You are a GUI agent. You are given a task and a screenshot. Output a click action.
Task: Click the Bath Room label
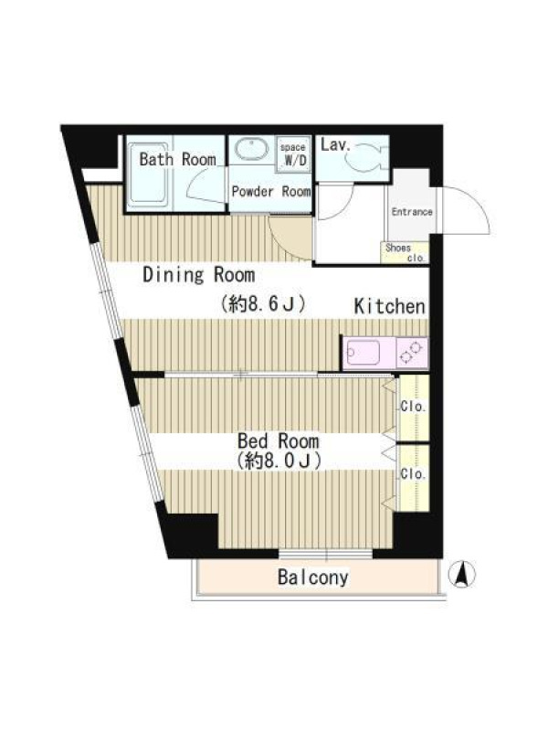177,159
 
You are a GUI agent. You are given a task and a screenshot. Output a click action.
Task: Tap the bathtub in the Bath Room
148,174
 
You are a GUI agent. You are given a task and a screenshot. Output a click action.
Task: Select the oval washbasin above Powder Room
251,149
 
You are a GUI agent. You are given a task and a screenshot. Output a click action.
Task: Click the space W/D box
293,154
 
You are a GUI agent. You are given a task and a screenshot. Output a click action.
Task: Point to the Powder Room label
271,192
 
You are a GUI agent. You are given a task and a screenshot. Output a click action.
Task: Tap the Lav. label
335,145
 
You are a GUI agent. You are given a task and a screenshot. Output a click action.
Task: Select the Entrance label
412,212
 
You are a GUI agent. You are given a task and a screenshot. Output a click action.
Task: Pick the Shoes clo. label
405,252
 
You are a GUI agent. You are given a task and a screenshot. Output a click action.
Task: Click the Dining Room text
199,275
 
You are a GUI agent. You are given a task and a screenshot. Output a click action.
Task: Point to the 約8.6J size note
263,304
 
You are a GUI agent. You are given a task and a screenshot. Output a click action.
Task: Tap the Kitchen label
390,306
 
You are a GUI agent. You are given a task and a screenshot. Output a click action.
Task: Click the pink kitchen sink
362,353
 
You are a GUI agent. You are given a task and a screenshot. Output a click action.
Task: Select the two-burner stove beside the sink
412,353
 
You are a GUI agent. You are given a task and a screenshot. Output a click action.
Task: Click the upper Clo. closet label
414,407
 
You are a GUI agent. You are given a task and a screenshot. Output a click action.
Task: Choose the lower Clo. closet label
414,474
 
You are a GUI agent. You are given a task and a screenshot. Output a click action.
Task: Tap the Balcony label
313,577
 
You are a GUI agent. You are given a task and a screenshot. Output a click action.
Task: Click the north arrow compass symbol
462,574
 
